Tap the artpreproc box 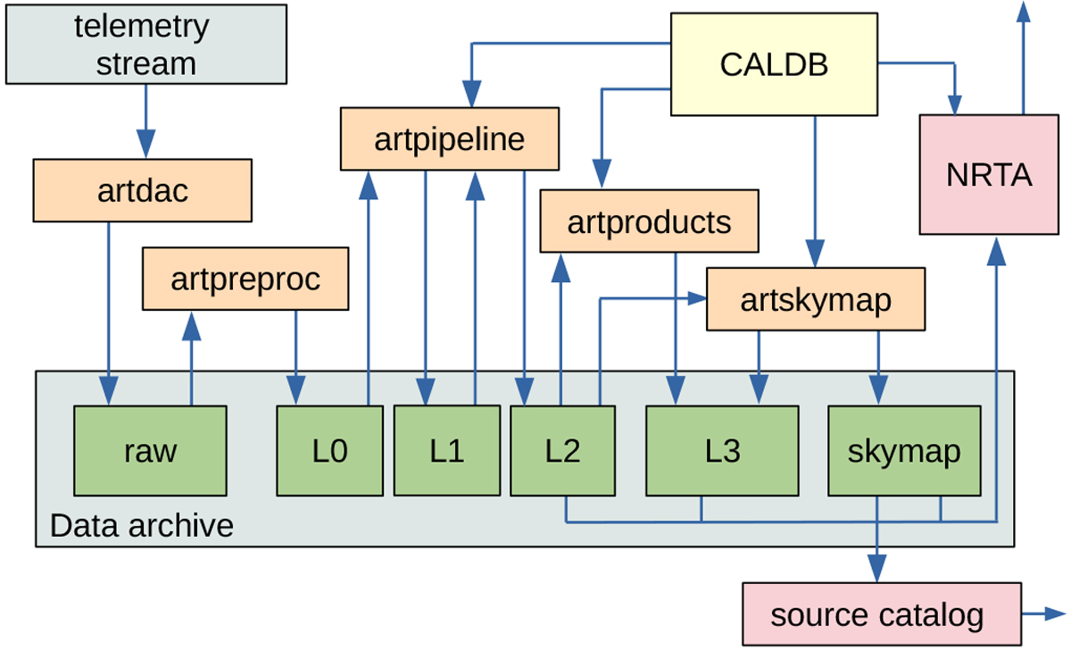click(x=245, y=280)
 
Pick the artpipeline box click(x=449, y=139)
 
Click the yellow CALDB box click(x=774, y=63)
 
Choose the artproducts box click(x=649, y=221)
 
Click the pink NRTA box click(x=989, y=175)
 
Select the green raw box click(x=150, y=451)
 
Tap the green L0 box click(x=329, y=451)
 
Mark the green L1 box click(x=446, y=450)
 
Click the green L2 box click(x=562, y=450)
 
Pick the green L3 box click(x=722, y=451)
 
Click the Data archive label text click(x=141, y=525)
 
